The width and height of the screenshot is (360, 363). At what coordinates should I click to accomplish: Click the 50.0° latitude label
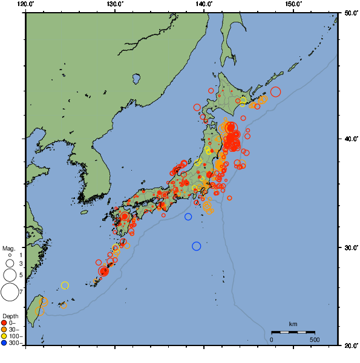(x=350, y=12)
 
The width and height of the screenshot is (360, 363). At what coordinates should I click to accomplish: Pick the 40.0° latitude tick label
(x=350, y=139)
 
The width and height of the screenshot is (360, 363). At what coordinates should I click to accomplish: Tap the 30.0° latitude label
(x=350, y=248)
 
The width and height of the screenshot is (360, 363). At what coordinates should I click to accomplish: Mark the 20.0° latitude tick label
(x=350, y=345)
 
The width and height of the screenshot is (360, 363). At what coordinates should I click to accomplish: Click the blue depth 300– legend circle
(x=4, y=343)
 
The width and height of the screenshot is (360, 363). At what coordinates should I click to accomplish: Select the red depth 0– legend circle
(x=4, y=322)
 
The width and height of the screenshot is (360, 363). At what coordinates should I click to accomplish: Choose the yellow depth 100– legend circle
(x=4, y=336)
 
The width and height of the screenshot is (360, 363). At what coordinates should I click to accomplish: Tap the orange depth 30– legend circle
(x=4, y=329)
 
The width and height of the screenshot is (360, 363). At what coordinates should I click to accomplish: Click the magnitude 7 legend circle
(x=9, y=293)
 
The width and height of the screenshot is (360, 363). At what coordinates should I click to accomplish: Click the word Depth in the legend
(x=10, y=316)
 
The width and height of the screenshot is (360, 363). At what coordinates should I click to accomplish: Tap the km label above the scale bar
(x=293, y=324)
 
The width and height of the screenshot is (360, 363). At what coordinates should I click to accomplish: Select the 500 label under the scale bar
(x=314, y=339)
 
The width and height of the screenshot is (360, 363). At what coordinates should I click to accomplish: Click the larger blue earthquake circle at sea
(x=196, y=246)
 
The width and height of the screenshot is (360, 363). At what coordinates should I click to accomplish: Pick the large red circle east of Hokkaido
(x=276, y=92)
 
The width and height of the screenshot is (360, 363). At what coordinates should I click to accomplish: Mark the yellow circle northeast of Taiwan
(x=65, y=286)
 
